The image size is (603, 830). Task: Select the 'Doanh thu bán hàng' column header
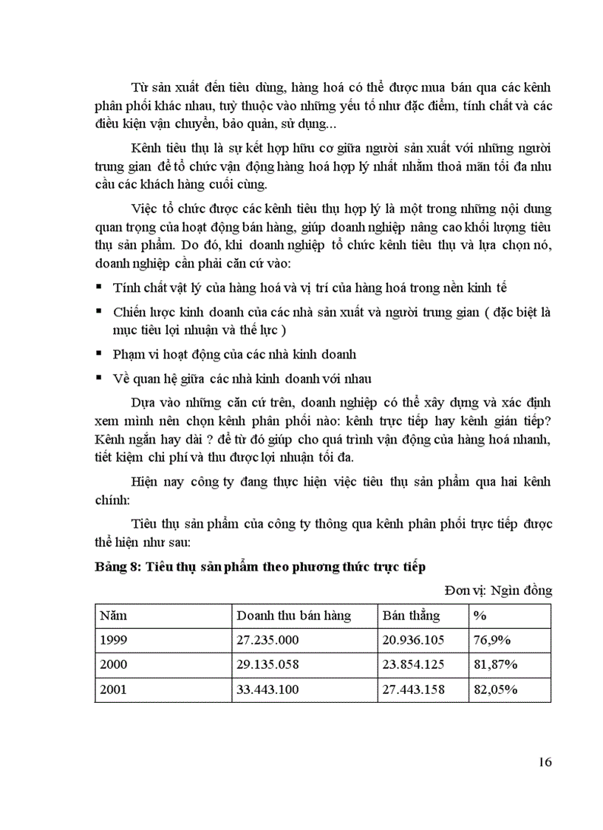point(293,616)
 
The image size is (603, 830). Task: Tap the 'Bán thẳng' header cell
point(412,616)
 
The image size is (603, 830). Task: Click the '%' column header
point(478,616)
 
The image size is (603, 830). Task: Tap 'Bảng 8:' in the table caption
point(117,568)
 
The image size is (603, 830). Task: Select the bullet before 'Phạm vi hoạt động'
point(98,354)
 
